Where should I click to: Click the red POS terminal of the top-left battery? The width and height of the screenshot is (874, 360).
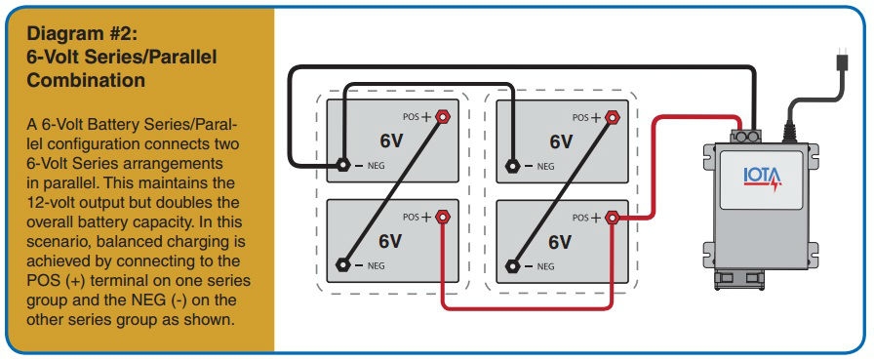(441, 115)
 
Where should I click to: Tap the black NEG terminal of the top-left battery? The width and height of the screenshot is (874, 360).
(343, 165)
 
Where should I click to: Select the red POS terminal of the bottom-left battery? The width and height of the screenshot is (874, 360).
(441, 217)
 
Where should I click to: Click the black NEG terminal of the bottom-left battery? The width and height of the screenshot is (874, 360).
(343, 264)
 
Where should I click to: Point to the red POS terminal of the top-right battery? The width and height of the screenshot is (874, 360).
(613, 116)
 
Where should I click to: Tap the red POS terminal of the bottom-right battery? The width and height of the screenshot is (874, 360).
(613, 217)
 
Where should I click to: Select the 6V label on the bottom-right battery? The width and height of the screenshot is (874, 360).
(561, 241)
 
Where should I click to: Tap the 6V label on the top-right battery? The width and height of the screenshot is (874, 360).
(561, 140)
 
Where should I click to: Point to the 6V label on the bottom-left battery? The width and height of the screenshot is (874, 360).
(390, 241)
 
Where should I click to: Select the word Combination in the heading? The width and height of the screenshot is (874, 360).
(87, 80)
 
